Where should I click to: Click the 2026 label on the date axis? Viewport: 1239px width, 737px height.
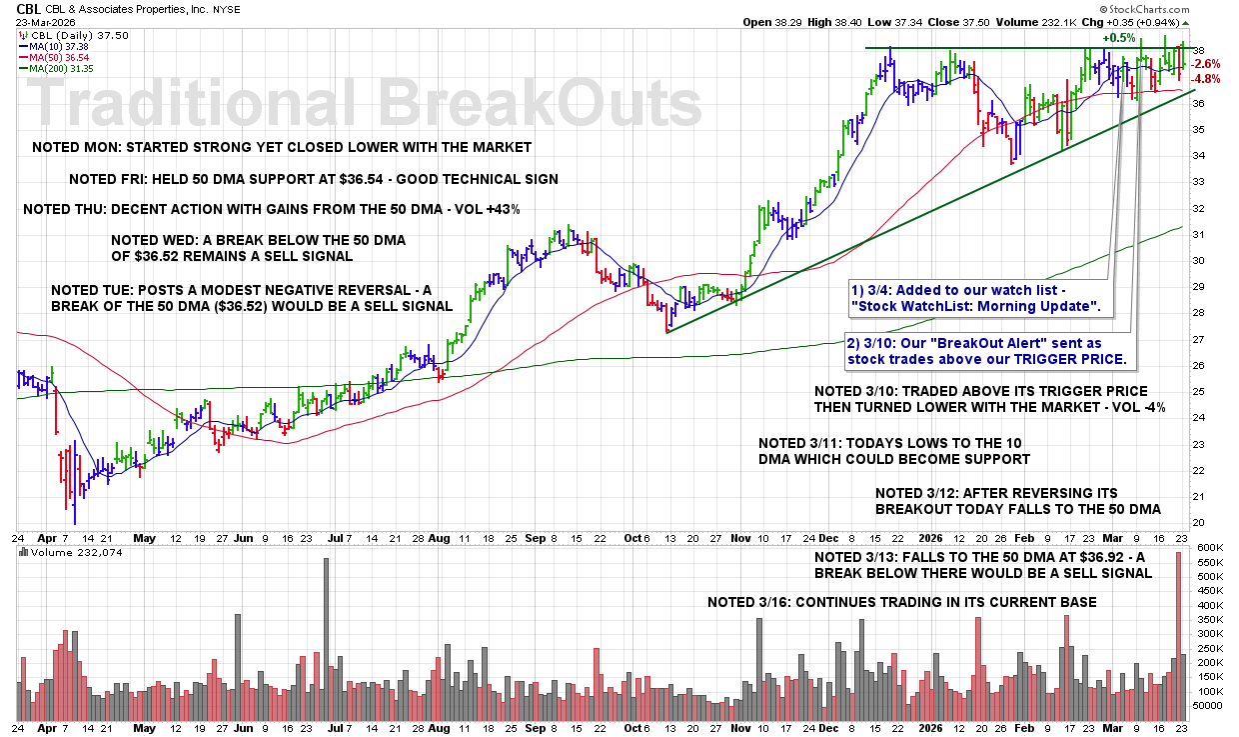[x=931, y=537]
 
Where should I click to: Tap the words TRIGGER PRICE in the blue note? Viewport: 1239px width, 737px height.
[x=1075, y=357]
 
